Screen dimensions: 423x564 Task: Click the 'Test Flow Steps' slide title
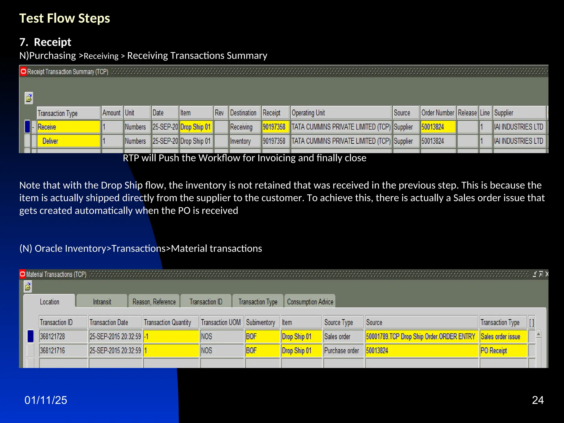click(64, 18)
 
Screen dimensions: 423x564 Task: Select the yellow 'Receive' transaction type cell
click(68, 127)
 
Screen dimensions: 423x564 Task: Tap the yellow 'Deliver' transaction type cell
click(68, 141)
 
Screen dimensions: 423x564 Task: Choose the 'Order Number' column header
click(437, 113)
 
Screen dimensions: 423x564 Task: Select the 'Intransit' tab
click(102, 302)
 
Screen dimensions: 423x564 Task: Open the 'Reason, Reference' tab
click(154, 302)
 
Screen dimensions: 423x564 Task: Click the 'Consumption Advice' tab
click(310, 302)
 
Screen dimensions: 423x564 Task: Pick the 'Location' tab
click(50, 302)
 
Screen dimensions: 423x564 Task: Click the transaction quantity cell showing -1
click(171, 337)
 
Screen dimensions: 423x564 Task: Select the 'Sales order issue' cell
click(503, 337)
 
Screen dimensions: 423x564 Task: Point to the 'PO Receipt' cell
click(503, 351)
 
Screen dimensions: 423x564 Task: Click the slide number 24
click(538, 400)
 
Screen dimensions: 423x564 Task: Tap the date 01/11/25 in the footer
click(46, 400)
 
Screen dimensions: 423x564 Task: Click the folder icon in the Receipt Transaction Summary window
click(29, 98)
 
